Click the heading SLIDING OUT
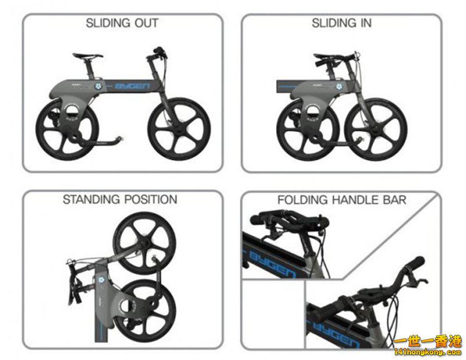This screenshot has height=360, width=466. [122, 24]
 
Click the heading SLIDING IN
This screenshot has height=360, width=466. [341, 24]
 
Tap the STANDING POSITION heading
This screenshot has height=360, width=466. [120, 200]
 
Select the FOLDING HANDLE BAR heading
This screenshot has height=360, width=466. [341, 200]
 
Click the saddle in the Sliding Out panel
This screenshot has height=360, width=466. [88, 56]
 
